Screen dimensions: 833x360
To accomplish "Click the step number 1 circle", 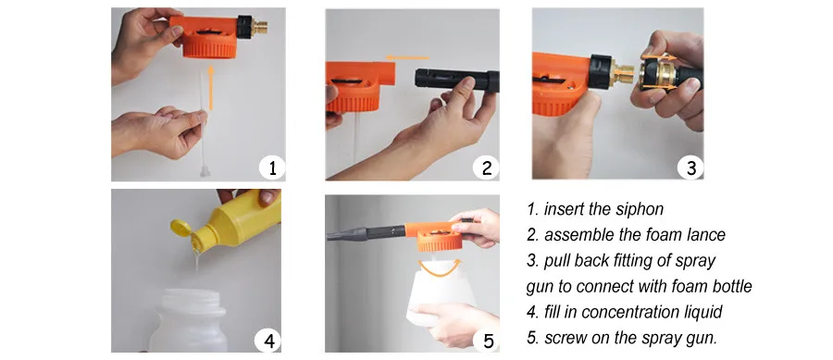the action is tap(272, 168).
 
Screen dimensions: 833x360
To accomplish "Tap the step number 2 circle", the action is tap(486, 168).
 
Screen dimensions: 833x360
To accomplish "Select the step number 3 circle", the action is tap(690, 168).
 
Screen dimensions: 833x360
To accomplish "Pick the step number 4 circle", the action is tap(267, 341).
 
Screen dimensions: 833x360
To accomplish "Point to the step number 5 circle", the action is tap(488, 341).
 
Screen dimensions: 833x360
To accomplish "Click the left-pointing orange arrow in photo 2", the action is tap(407, 57).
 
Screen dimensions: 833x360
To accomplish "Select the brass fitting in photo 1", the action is tap(259, 28).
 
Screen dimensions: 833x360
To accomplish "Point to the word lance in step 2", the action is tap(703, 234).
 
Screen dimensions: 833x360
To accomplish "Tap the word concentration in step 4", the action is tap(637, 312).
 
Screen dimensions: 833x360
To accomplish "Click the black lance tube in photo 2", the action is tap(456, 81).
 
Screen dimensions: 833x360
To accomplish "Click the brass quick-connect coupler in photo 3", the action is tap(660, 73).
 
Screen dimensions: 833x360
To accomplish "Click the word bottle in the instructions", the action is tap(728, 286).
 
